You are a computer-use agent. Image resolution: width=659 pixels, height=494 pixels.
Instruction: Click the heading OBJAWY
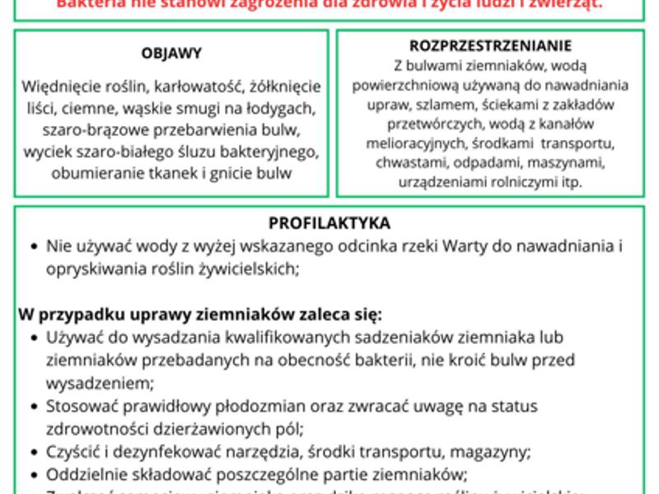[x=171, y=54]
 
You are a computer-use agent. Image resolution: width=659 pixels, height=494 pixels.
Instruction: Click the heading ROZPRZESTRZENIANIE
[x=490, y=46]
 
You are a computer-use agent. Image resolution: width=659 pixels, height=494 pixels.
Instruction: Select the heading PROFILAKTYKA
[x=329, y=223]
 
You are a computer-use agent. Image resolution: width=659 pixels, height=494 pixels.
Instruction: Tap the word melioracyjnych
[x=434, y=142]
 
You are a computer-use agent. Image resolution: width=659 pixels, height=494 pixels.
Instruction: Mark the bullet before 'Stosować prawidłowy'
[x=30, y=406]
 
